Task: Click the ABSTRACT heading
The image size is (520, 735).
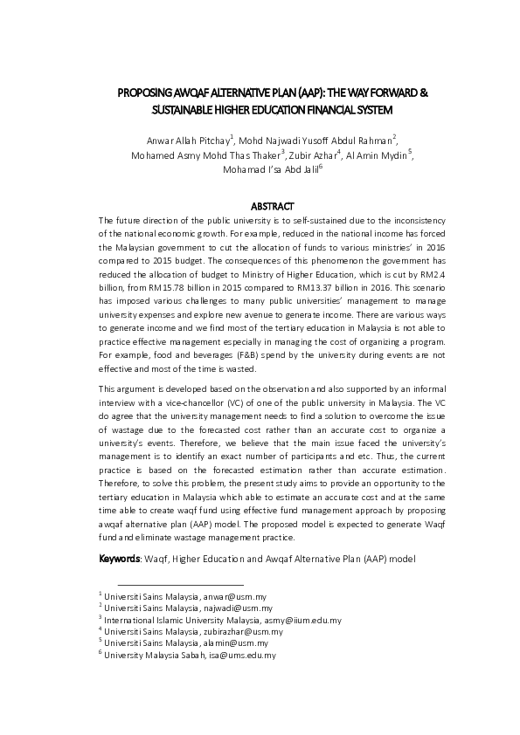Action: (260, 205)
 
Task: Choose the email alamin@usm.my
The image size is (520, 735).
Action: (239, 642)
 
